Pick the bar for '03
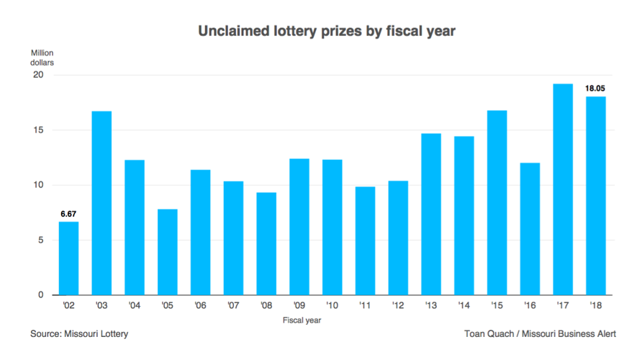coord(101,203)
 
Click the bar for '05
coord(167,251)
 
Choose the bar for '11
coord(365,240)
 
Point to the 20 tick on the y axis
coord(39,76)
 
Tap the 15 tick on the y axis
coord(39,130)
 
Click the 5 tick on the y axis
coord(41,240)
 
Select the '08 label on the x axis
coord(266,305)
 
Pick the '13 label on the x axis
coord(430,305)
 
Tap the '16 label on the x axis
coord(529,305)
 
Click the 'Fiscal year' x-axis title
coord(302,319)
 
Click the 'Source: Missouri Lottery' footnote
coord(79,334)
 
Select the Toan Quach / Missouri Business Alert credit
coord(541,334)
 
